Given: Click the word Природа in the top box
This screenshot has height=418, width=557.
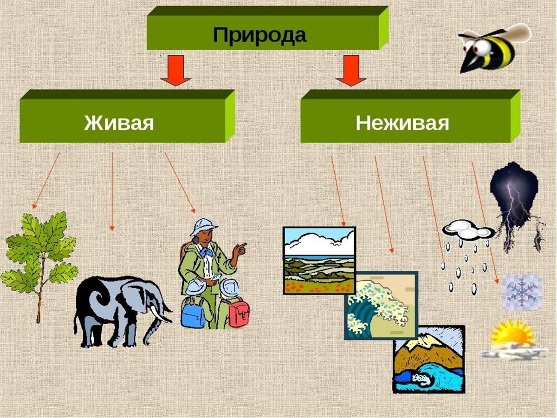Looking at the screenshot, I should tap(259, 35).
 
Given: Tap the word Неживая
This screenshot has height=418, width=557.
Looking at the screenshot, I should tap(402, 124).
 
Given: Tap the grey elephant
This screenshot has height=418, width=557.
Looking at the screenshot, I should tap(118, 307).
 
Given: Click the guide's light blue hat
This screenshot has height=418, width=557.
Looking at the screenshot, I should tap(204, 227).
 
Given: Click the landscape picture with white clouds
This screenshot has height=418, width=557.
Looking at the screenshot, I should tap(319, 260).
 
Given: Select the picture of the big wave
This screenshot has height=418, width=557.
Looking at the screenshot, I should tap(381, 307).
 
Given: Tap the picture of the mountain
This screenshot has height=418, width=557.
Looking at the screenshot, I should tap(428, 359).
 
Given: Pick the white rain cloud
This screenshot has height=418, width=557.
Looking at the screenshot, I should tap(466, 231).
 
